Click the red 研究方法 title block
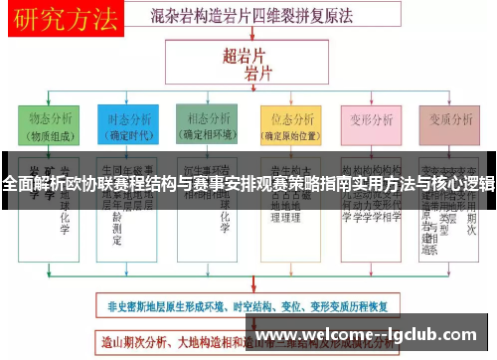pyautogui.click(x=62, y=17)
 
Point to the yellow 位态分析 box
pyautogui.click(x=287, y=127)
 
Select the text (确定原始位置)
pyautogui.click(x=287, y=136)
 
